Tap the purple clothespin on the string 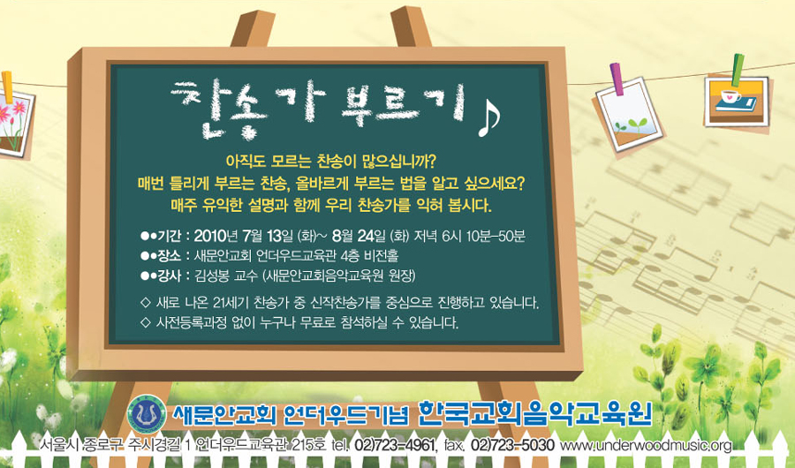pyautogui.click(x=617, y=79)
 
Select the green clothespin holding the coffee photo pyautogui.click(x=738, y=70)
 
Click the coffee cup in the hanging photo pyautogui.click(x=730, y=96)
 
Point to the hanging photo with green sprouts pyautogui.click(x=629, y=115)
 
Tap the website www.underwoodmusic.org pyautogui.click(x=647, y=446)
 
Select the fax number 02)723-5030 pyautogui.click(x=512, y=446)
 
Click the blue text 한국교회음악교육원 pyautogui.click(x=534, y=415)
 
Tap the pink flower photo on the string pyautogui.click(x=15, y=123)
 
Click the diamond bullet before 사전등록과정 pyautogui.click(x=146, y=322)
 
